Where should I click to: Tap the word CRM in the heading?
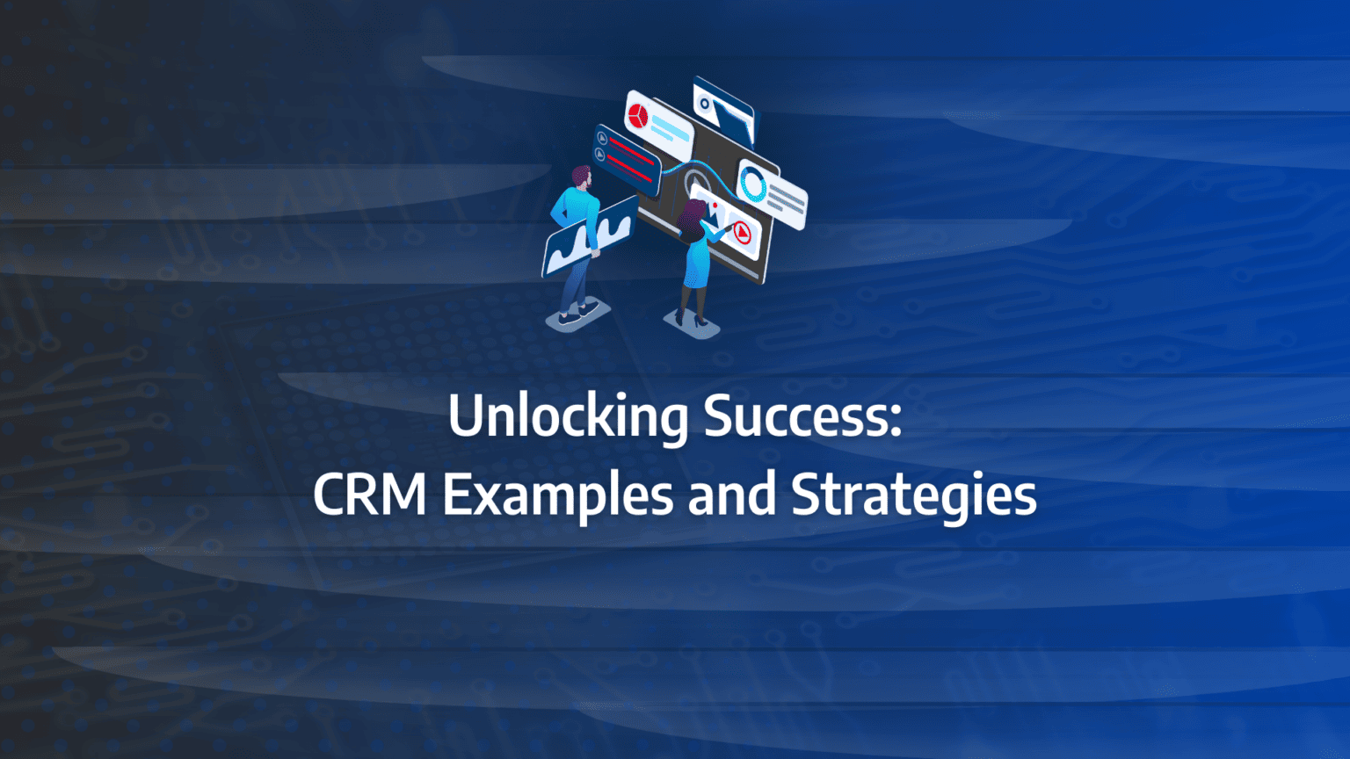369,495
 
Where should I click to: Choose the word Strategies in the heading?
914,496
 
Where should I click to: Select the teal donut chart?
753,184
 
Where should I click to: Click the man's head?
582,177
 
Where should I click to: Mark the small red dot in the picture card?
713,205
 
